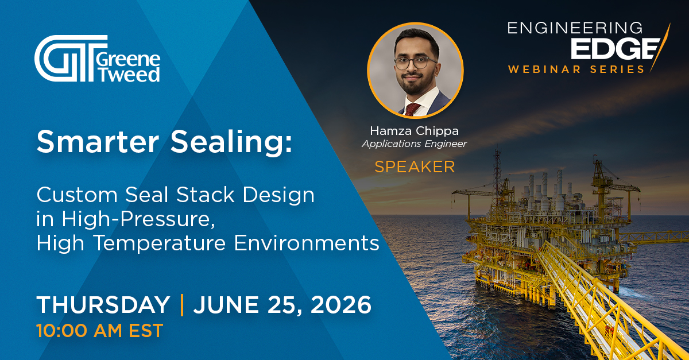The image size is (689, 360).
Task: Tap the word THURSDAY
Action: (x=103, y=304)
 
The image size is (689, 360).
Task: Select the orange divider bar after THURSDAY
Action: (x=182, y=304)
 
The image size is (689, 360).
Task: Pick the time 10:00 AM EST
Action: (x=99, y=330)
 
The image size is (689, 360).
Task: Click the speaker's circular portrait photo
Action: (x=415, y=71)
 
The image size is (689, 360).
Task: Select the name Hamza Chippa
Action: (x=415, y=131)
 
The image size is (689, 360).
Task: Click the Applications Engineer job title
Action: (x=415, y=144)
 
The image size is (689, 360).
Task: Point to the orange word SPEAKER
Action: (x=415, y=167)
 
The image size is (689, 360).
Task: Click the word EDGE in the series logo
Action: (x=613, y=49)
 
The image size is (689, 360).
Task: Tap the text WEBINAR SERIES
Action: (x=576, y=69)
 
